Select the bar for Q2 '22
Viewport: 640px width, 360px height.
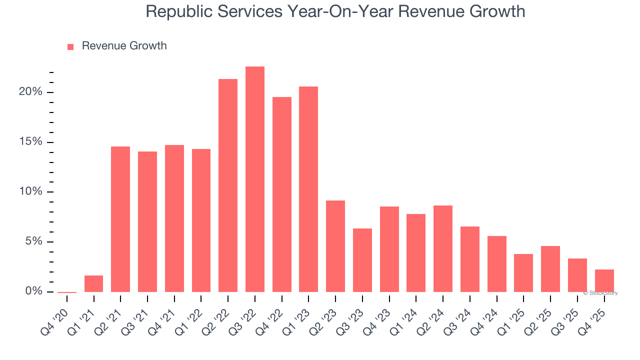click(x=228, y=185)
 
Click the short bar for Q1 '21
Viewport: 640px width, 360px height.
click(x=93, y=283)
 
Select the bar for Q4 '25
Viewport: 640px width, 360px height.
click(x=604, y=280)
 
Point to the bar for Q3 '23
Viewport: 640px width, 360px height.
click(x=362, y=260)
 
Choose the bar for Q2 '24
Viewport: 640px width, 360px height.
click(x=443, y=248)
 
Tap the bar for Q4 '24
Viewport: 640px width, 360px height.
click(x=496, y=263)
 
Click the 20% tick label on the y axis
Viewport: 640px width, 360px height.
click(x=30, y=92)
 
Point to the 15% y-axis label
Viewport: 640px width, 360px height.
click(x=30, y=142)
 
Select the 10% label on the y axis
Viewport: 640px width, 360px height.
click(x=30, y=192)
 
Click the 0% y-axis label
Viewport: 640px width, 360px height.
click(x=33, y=291)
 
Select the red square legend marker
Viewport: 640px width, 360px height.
click(x=70, y=46)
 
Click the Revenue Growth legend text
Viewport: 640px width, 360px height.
click(x=124, y=46)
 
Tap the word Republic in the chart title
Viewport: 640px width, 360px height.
click(x=175, y=11)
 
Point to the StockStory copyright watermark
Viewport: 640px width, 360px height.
click(x=600, y=293)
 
